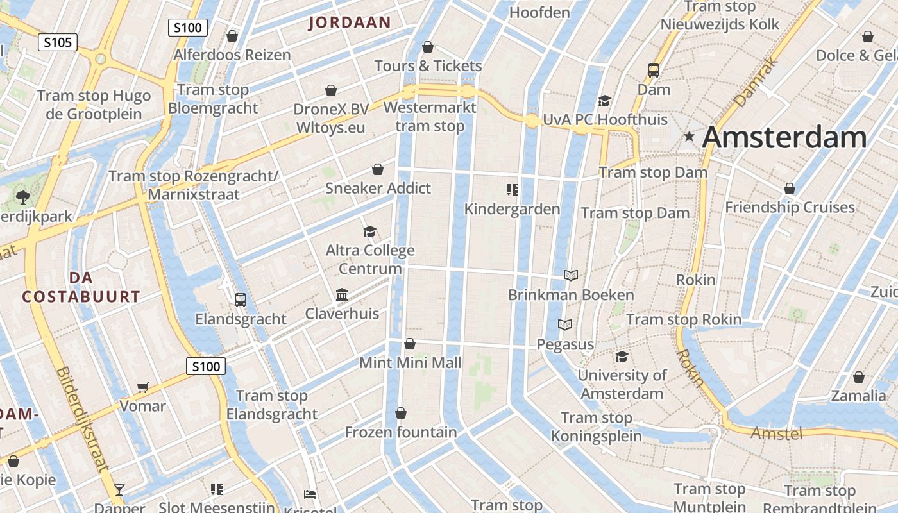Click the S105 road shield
coord(58,43)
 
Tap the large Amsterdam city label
coord(784,138)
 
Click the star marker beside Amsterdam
coord(689,136)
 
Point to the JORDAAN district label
coord(350,23)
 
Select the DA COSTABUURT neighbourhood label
coord(81,287)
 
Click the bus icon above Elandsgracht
coord(241,299)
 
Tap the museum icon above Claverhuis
coord(342,294)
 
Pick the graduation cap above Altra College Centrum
coord(369,231)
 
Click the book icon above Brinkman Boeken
coord(570,275)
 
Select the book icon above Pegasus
coord(565,325)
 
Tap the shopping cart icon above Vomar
coord(143,387)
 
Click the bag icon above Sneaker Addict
coord(378,169)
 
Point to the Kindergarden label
coord(512,209)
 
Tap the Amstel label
coord(776,433)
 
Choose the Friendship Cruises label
coord(790,207)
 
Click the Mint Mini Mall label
coord(410,363)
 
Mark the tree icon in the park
coord(23,196)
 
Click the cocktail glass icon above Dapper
coord(119,490)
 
